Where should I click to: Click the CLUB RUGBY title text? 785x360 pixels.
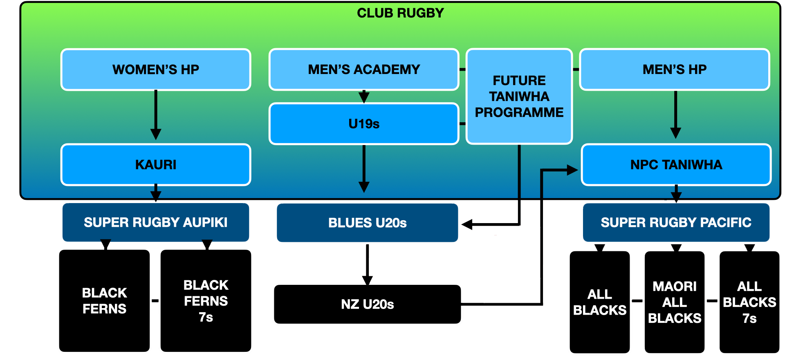pyautogui.click(x=400, y=13)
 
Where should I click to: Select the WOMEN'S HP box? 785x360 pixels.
pyautogui.click(x=156, y=69)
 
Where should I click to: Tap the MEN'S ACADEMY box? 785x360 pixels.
pyautogui.click(x=364, y=69)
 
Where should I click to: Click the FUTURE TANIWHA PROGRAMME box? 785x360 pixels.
pyautogui.click(x=519, y=96)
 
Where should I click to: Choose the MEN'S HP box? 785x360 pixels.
pyautogui.click(x=675, y=69)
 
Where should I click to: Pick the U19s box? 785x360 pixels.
pyautogui.click(x=364, y=124)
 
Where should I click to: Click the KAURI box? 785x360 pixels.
pyautogui.click(x=156, y=165)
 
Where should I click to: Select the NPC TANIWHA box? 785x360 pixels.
pyautogui.click(x=676, y=165)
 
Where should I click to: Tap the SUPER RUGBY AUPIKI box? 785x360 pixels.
pyautogui.click(x=156, y=222)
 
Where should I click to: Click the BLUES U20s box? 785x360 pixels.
pyautogui.click(x=367, y=223)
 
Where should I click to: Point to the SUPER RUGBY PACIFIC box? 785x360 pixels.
pyautogui.click(x=676, y=222)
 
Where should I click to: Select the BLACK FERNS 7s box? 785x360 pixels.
pyautogui.click(x=206, y=301)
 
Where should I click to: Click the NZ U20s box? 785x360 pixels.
pyautogui.click(x=367, y=304)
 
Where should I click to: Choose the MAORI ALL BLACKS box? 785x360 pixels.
pyautogui.click(x=675, y=302)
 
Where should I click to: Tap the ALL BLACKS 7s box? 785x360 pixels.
pyautogui.click(x=749, y=302)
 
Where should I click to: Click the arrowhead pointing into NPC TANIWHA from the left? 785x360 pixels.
pyautogui.click(x=572, y=170)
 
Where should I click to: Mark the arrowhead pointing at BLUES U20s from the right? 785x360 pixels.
pyautogui.click(x=467, y=224)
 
